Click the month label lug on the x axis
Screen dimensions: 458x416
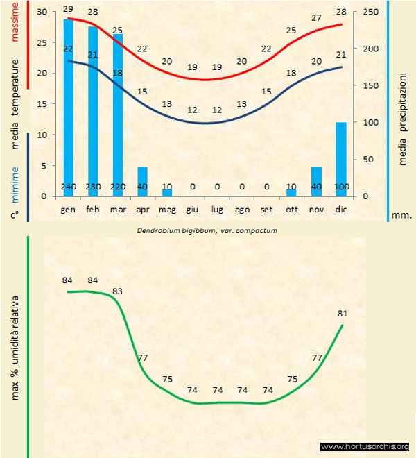(x=217, y=208)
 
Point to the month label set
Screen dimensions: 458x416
(x=266, y=208)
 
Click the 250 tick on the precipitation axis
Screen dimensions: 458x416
(x=372, y=12)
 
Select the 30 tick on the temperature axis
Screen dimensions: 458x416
(x=41, y=12)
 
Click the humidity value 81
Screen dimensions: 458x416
(x=343, y=313)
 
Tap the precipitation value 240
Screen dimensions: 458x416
(x=69, y=187)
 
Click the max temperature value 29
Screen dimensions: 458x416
(x=68, y=9)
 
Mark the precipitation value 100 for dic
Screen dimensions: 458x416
(x=341, y=187)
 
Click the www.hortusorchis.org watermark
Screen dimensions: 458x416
(x=365, y=446)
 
